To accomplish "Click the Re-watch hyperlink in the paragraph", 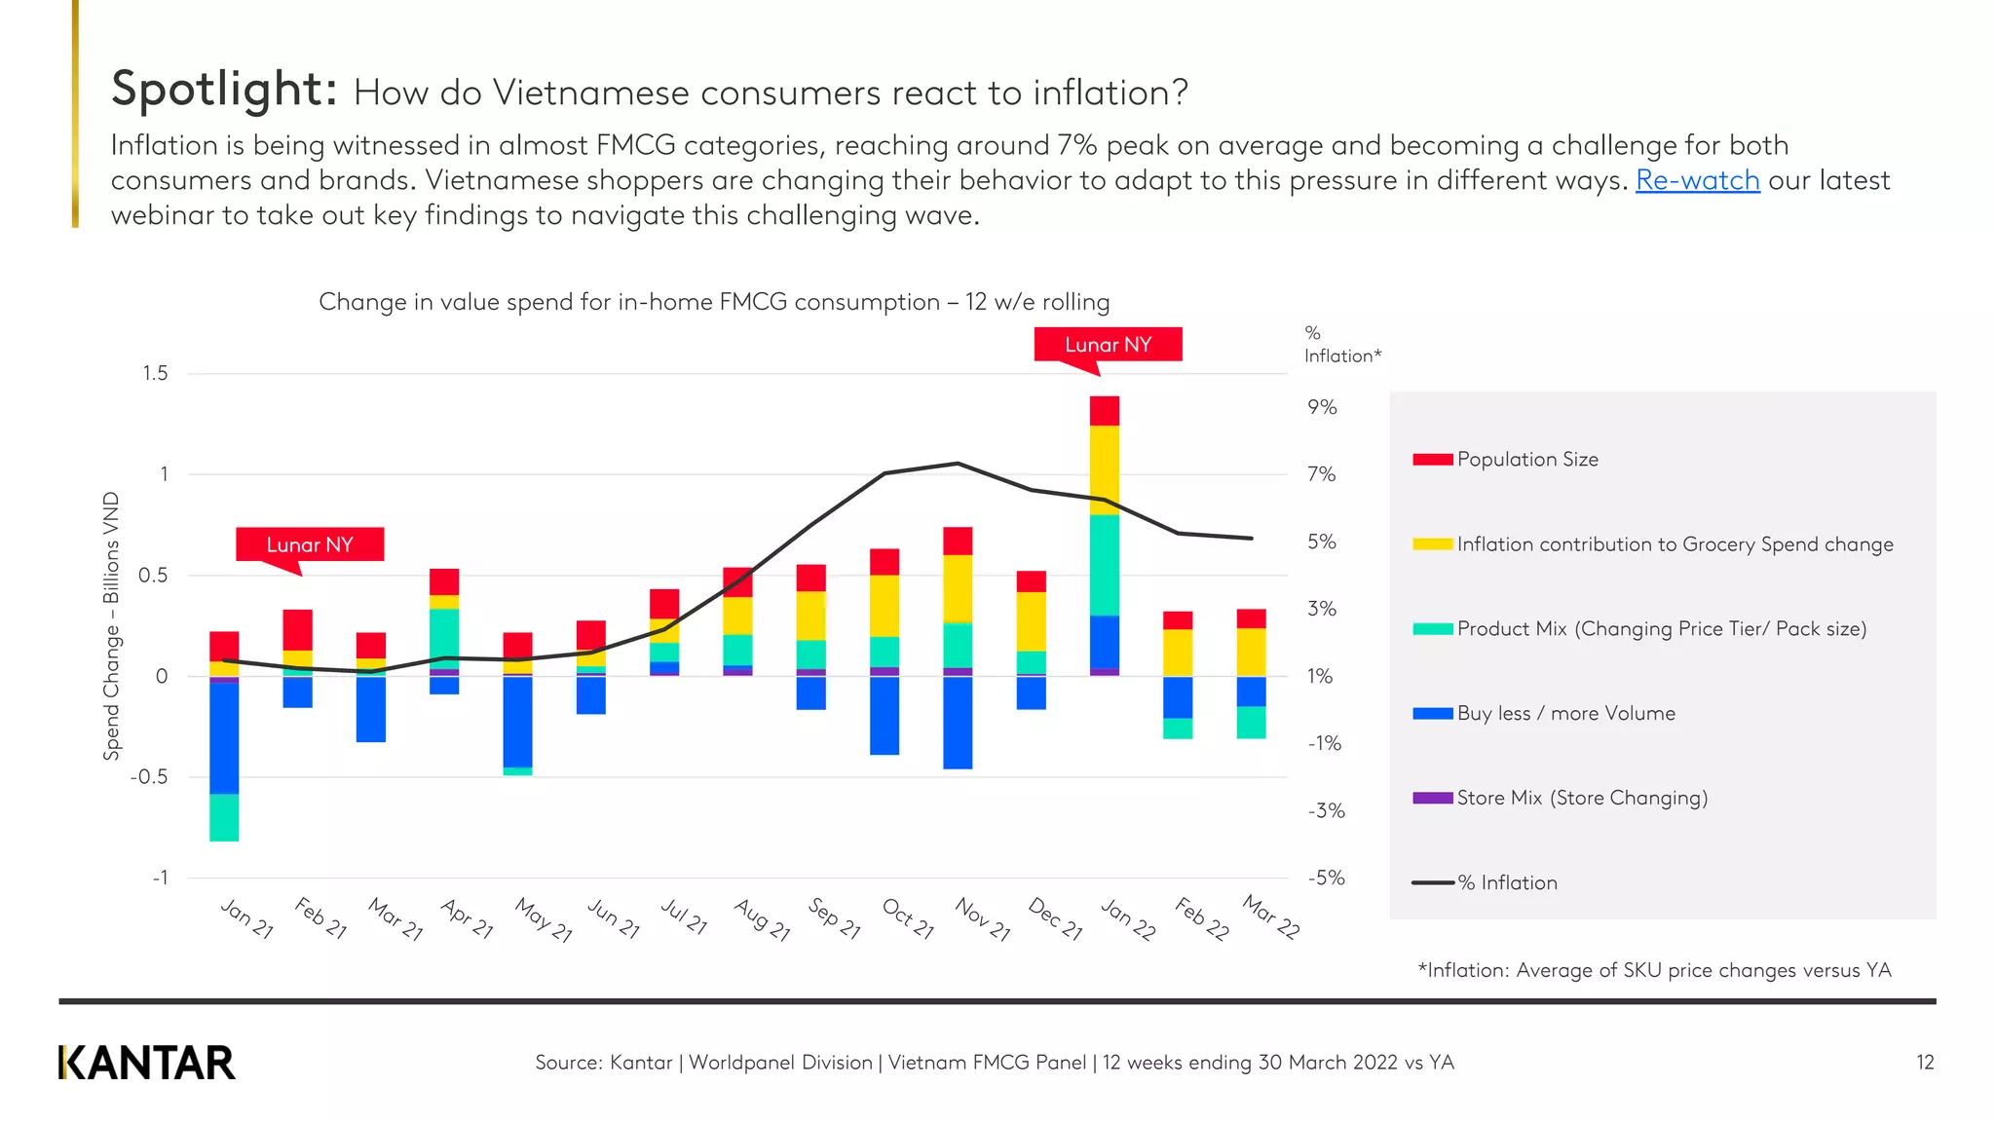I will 1697,180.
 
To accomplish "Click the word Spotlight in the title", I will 224,89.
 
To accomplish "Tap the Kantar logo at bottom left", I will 147,1063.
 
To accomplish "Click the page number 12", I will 1925,1063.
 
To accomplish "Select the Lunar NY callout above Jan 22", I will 1108,345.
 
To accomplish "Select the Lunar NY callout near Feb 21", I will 310,544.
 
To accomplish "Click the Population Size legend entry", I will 1526,460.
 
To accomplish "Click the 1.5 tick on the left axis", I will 155,374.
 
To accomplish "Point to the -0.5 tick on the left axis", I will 149,777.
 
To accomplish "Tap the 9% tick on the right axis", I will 1322,407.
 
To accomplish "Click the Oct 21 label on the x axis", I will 908,918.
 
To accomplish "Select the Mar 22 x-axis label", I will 1271,916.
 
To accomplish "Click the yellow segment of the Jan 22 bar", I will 1104,469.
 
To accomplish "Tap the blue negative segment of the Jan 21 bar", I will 224,738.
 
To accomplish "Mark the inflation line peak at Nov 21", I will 958,464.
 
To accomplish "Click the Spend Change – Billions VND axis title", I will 112,625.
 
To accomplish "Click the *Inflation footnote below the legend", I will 1654,970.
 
